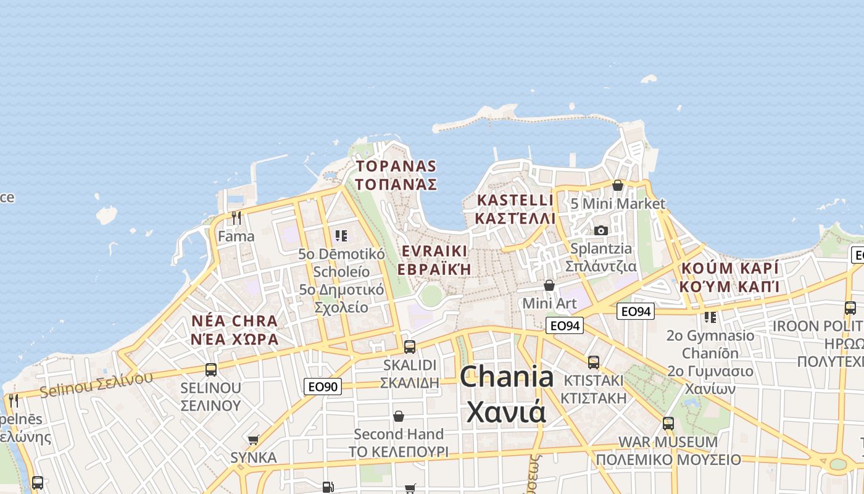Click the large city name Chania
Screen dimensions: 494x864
506,377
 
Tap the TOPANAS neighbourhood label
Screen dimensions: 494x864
396,166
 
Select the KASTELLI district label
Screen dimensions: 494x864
515,200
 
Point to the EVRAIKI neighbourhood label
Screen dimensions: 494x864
434,251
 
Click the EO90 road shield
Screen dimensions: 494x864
323,387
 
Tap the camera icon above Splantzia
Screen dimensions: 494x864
600,230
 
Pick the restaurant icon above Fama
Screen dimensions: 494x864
236,217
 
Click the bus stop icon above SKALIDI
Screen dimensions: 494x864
409,347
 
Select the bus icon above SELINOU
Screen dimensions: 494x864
210,370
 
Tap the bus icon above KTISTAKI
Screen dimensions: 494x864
593,362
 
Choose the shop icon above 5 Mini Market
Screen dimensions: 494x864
617,185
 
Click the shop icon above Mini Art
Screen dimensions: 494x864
549,285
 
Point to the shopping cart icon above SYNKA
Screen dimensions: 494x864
253,440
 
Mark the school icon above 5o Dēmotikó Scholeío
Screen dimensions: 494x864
341,236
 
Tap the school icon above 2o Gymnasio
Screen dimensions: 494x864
710,317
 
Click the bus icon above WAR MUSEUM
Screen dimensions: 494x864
668,424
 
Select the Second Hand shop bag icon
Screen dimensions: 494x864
399,416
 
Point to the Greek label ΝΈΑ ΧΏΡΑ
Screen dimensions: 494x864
235,339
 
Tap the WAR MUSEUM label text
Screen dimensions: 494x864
668,442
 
